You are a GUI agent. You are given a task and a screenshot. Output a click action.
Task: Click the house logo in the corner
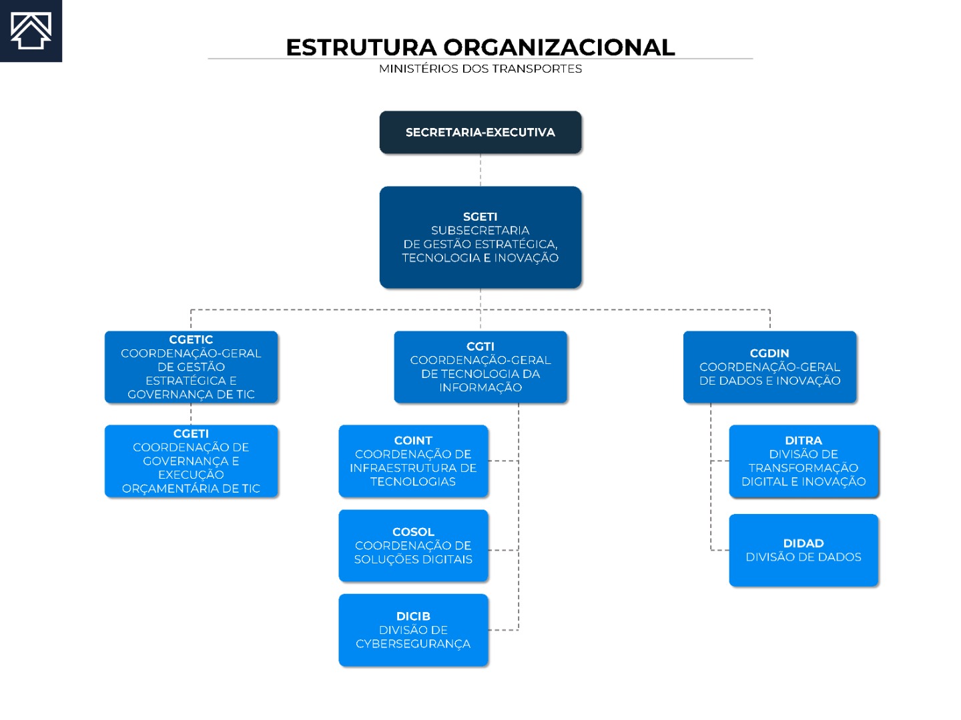click(31, 31)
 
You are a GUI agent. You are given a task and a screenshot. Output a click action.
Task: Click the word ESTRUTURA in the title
click(361, 47)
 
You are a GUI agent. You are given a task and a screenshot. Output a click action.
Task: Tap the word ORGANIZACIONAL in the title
click(559, 47)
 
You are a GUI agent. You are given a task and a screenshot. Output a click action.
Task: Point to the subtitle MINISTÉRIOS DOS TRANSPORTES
click(480, 69)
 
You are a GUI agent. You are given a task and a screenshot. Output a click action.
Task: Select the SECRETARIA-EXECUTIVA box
click(480, 132)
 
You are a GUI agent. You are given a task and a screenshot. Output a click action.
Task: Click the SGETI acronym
click(480, 217)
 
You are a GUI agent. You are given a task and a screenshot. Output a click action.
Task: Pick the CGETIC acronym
click(191, 339)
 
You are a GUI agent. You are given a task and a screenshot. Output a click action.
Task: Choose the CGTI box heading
click(480, 346)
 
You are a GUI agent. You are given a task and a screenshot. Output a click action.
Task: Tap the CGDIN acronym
click(769, 353)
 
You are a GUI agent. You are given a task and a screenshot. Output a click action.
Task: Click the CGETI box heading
click(191, 433)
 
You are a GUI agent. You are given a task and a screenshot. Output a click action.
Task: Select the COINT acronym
click(413, 440)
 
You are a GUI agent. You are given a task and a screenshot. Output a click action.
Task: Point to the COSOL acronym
click(413, 531)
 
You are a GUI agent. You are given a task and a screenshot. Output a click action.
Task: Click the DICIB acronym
click(413, 616)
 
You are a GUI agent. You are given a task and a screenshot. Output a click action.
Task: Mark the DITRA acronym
click(804, 440)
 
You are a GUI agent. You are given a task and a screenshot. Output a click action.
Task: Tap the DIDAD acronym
click(804, 543)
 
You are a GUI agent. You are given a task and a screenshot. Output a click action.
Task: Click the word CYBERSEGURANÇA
click(413, 644)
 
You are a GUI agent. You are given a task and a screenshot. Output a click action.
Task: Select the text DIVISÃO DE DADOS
click(804, 557)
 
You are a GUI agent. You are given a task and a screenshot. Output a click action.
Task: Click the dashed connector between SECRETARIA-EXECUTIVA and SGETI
click(480, 170)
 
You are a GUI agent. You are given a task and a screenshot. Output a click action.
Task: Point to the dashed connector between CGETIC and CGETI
click(191, 414)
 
